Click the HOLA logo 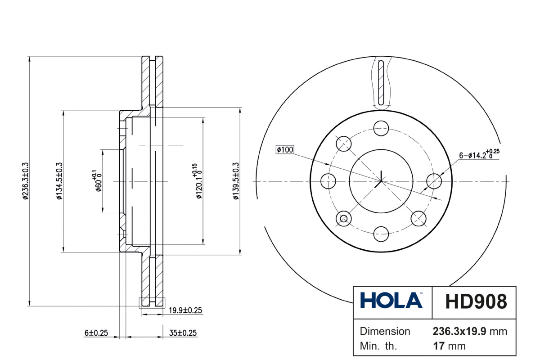coord(391,300)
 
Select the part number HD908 coord(476,301)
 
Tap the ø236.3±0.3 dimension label coord(26,181)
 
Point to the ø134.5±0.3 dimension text coord(59,181)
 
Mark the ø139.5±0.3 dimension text coord(236,181)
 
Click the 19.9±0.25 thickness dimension coord(185,310)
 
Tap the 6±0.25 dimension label coord(96,333)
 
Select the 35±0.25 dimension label coord(183,333)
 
